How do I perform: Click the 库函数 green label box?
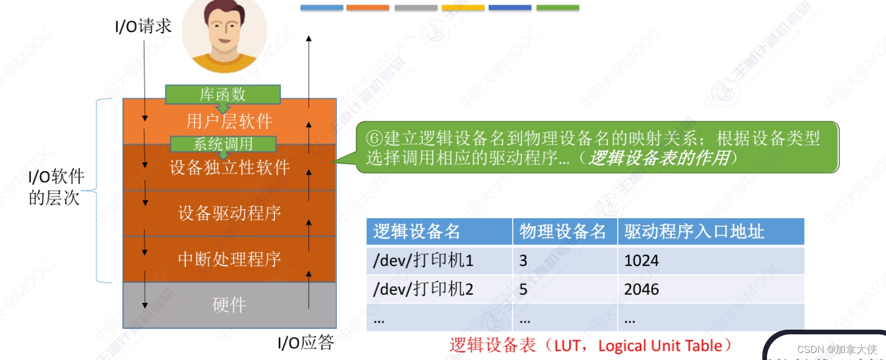point(223,94)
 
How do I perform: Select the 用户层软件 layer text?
point(229,121)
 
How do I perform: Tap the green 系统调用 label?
point(223,144)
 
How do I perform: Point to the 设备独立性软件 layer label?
point(229,167)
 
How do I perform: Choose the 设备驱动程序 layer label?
point(229,213)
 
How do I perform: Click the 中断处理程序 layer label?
point(229,258)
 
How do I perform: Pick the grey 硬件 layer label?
point(229,305)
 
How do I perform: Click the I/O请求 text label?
point(143,26)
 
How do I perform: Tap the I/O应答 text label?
point(306,343)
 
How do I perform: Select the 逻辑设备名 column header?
point(416,232)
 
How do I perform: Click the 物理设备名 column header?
point(563,232)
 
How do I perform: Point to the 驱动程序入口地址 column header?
point(694,232)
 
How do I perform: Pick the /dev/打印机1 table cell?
point(423,260)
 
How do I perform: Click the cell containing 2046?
point(642,289)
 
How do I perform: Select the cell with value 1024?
point(642,260)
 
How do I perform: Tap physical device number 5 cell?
point(523,289)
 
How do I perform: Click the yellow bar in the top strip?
point(463,8)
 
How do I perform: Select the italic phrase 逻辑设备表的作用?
point(659,158)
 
